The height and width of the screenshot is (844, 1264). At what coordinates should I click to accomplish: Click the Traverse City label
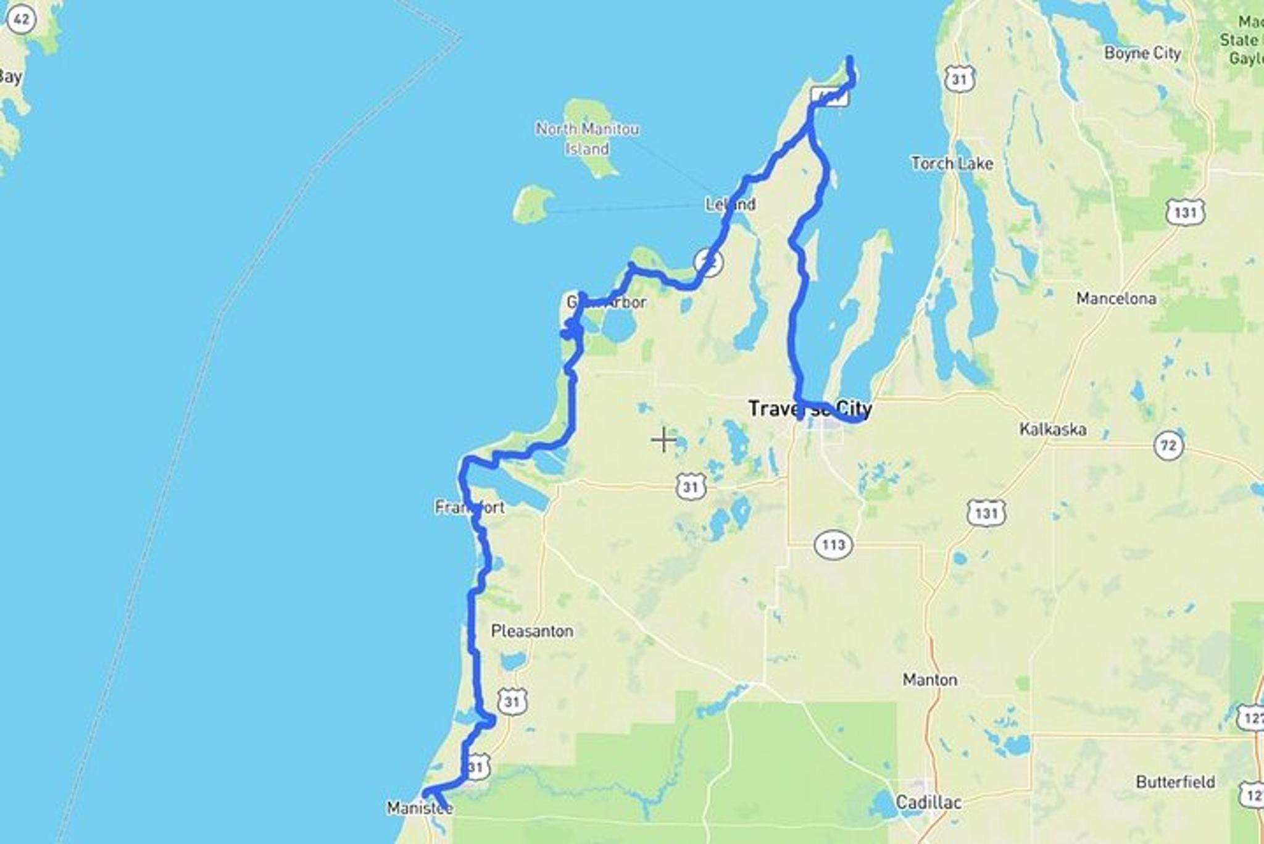[810, 409]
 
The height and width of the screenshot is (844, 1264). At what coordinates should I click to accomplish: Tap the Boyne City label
[1142, 53]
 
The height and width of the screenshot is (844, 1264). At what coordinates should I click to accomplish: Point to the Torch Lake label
[952, 164]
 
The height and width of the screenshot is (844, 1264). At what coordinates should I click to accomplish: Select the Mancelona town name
[1116, 299]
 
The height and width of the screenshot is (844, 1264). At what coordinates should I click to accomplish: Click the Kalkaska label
[1052, 429]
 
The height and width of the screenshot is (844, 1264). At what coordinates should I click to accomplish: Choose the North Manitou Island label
[587, 138]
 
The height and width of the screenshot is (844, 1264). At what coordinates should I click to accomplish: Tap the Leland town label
[730, 204]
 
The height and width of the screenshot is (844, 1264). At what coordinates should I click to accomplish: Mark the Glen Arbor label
[606, 303]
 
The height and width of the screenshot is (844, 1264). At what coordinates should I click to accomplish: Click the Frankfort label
[469, 508]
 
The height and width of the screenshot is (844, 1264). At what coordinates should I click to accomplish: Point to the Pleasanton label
[532, 631]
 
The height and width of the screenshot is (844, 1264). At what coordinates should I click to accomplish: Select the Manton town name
[929, 680]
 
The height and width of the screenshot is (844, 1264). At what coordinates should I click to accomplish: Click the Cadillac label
[928, 802]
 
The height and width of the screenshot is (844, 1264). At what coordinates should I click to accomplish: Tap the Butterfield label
[1175, 782]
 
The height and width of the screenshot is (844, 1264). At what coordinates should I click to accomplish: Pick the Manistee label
[420, 808]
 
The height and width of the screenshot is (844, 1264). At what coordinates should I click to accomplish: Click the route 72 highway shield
[1168, 446]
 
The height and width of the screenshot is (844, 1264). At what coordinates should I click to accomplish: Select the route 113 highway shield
[833, 545]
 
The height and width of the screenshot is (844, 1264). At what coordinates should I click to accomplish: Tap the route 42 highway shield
[21, 20]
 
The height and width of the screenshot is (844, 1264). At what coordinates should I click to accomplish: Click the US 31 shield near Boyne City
[958, 79]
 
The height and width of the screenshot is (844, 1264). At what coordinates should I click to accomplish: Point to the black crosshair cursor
[663, 440]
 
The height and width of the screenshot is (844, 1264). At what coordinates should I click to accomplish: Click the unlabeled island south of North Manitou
[533, 204]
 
